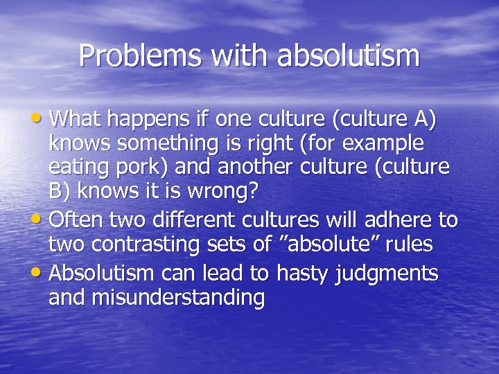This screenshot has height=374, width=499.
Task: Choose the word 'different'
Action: click(189, 220)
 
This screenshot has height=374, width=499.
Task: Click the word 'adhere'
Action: click(401, 220)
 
